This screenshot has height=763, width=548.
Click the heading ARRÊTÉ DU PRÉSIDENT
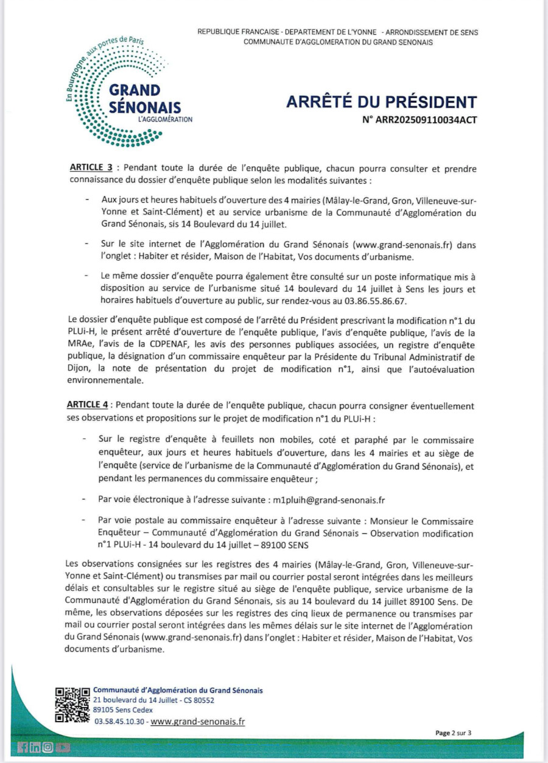(x=382, y=102)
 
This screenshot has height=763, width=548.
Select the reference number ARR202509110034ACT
(x=420, y=120)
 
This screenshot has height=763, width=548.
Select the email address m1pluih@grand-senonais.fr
(x=329, y=500)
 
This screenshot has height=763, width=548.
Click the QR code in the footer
(x=72, y=704)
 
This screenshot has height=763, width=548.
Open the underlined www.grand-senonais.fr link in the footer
(x=198, y=722)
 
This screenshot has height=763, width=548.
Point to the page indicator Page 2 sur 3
(x=453, y=733)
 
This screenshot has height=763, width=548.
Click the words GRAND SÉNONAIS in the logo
(x=144, y=99)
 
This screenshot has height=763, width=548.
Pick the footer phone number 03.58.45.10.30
(x=120, y=722)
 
